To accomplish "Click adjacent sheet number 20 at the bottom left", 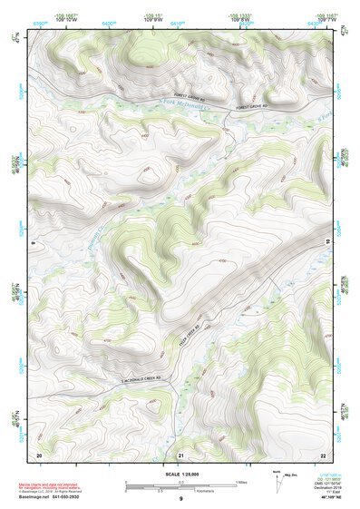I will click(x=39, y=454).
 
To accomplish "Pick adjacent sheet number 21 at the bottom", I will click(x=180, y=454).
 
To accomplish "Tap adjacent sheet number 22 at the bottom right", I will click(x=323, y=454).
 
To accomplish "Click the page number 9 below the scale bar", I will click(x=180, y=499).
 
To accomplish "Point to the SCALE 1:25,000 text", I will click(x=180, y=475).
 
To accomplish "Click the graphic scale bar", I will click(x=180, y=485).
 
